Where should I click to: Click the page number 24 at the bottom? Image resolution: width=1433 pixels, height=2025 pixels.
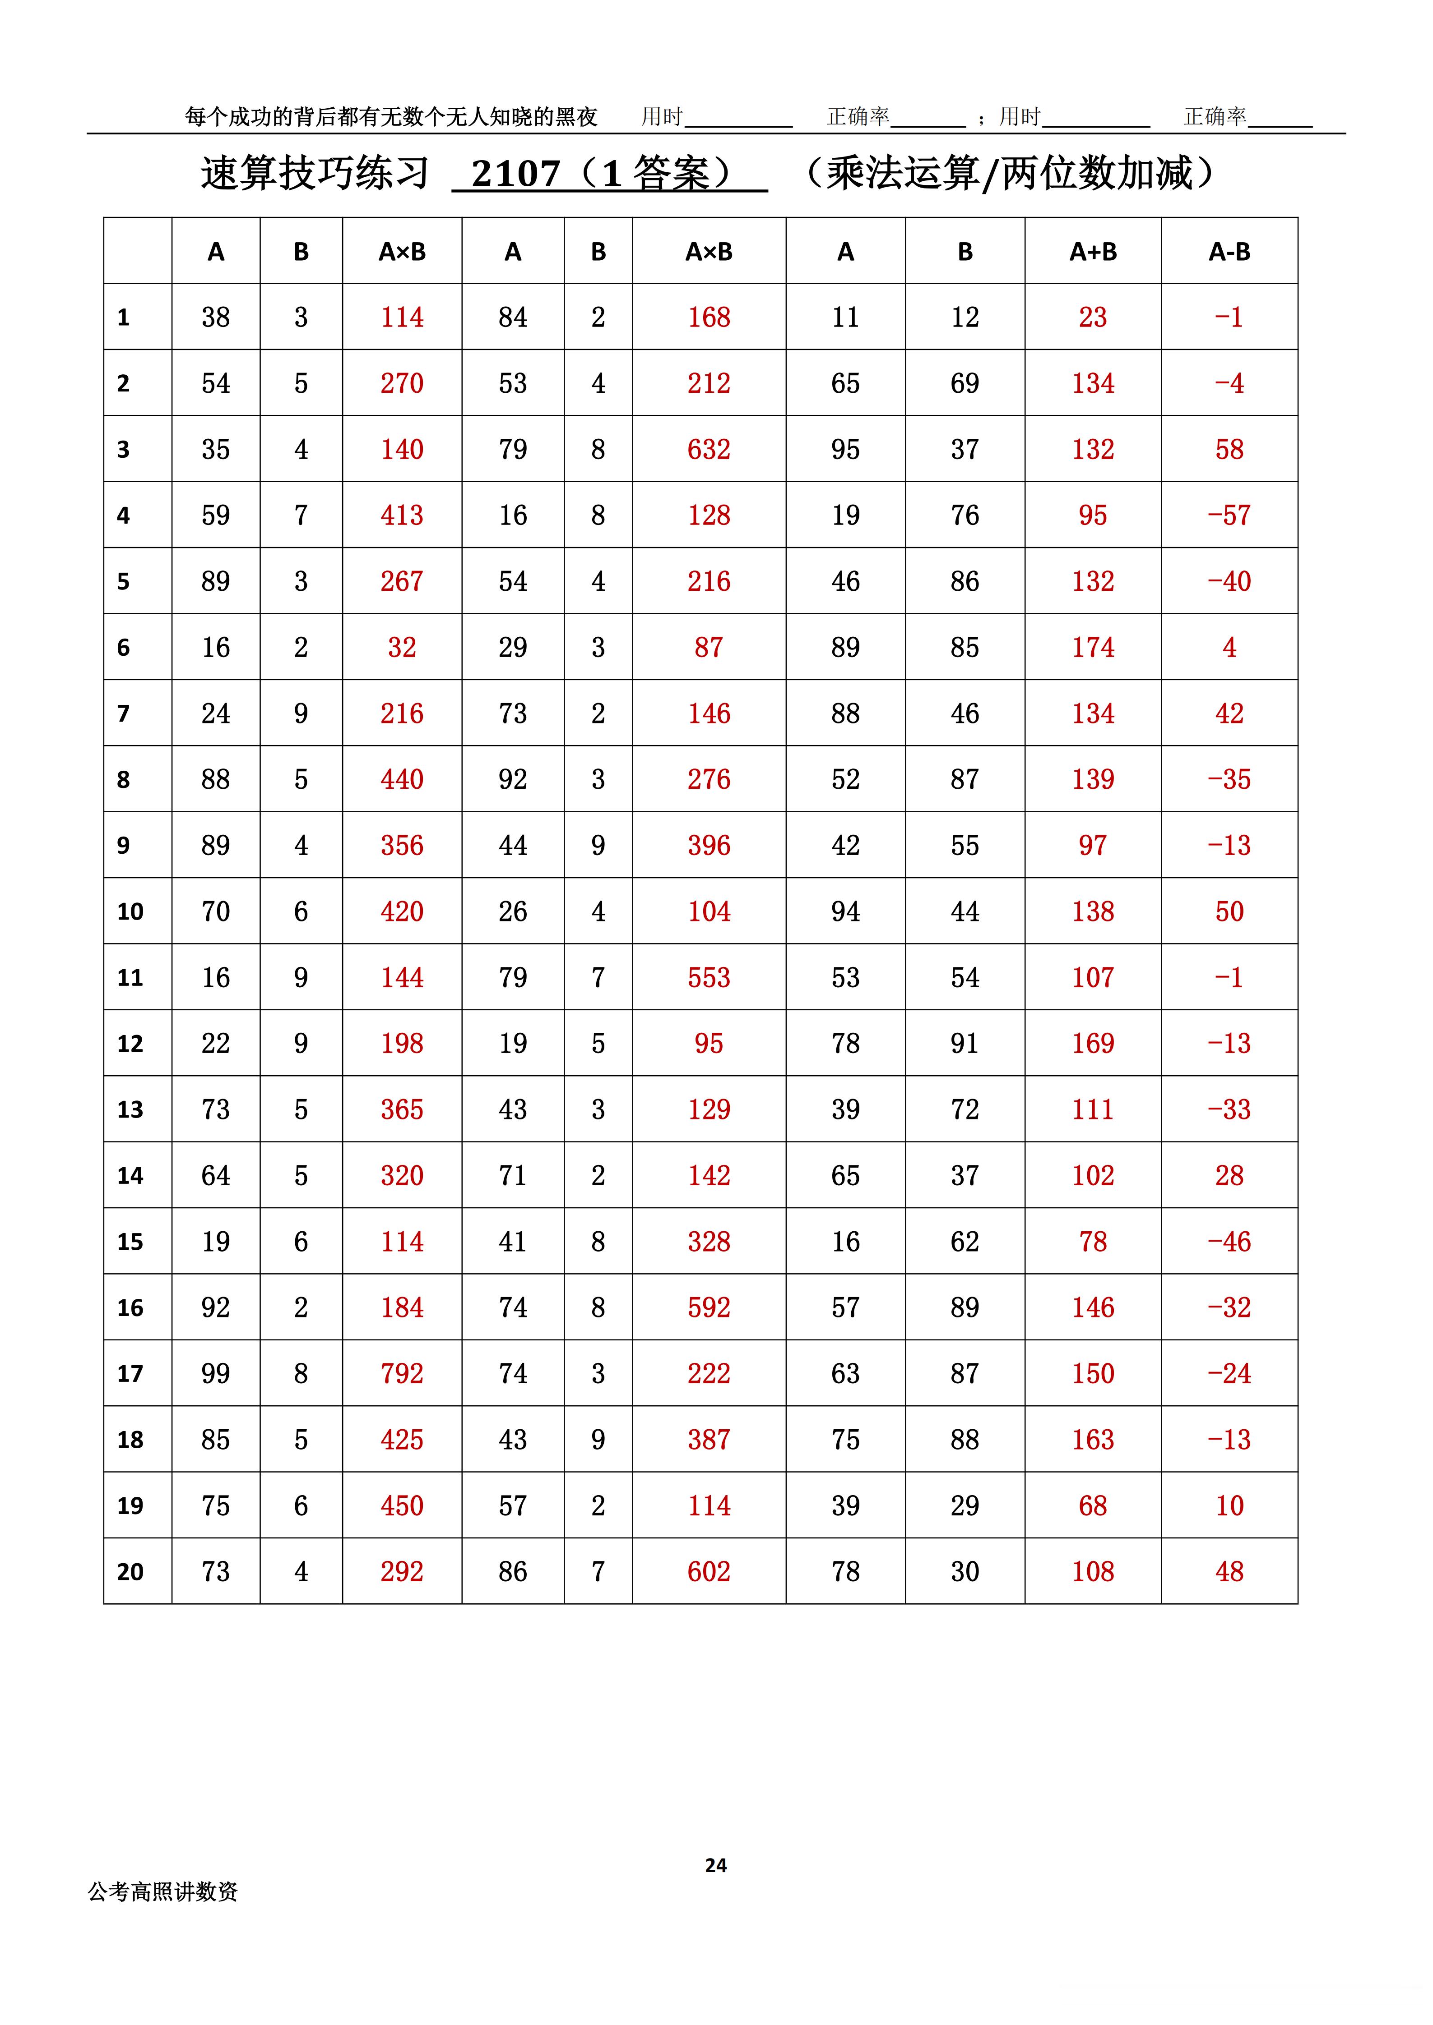(x=716, y=1864)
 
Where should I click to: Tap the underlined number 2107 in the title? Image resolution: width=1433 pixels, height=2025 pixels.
(x=516, y=174)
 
